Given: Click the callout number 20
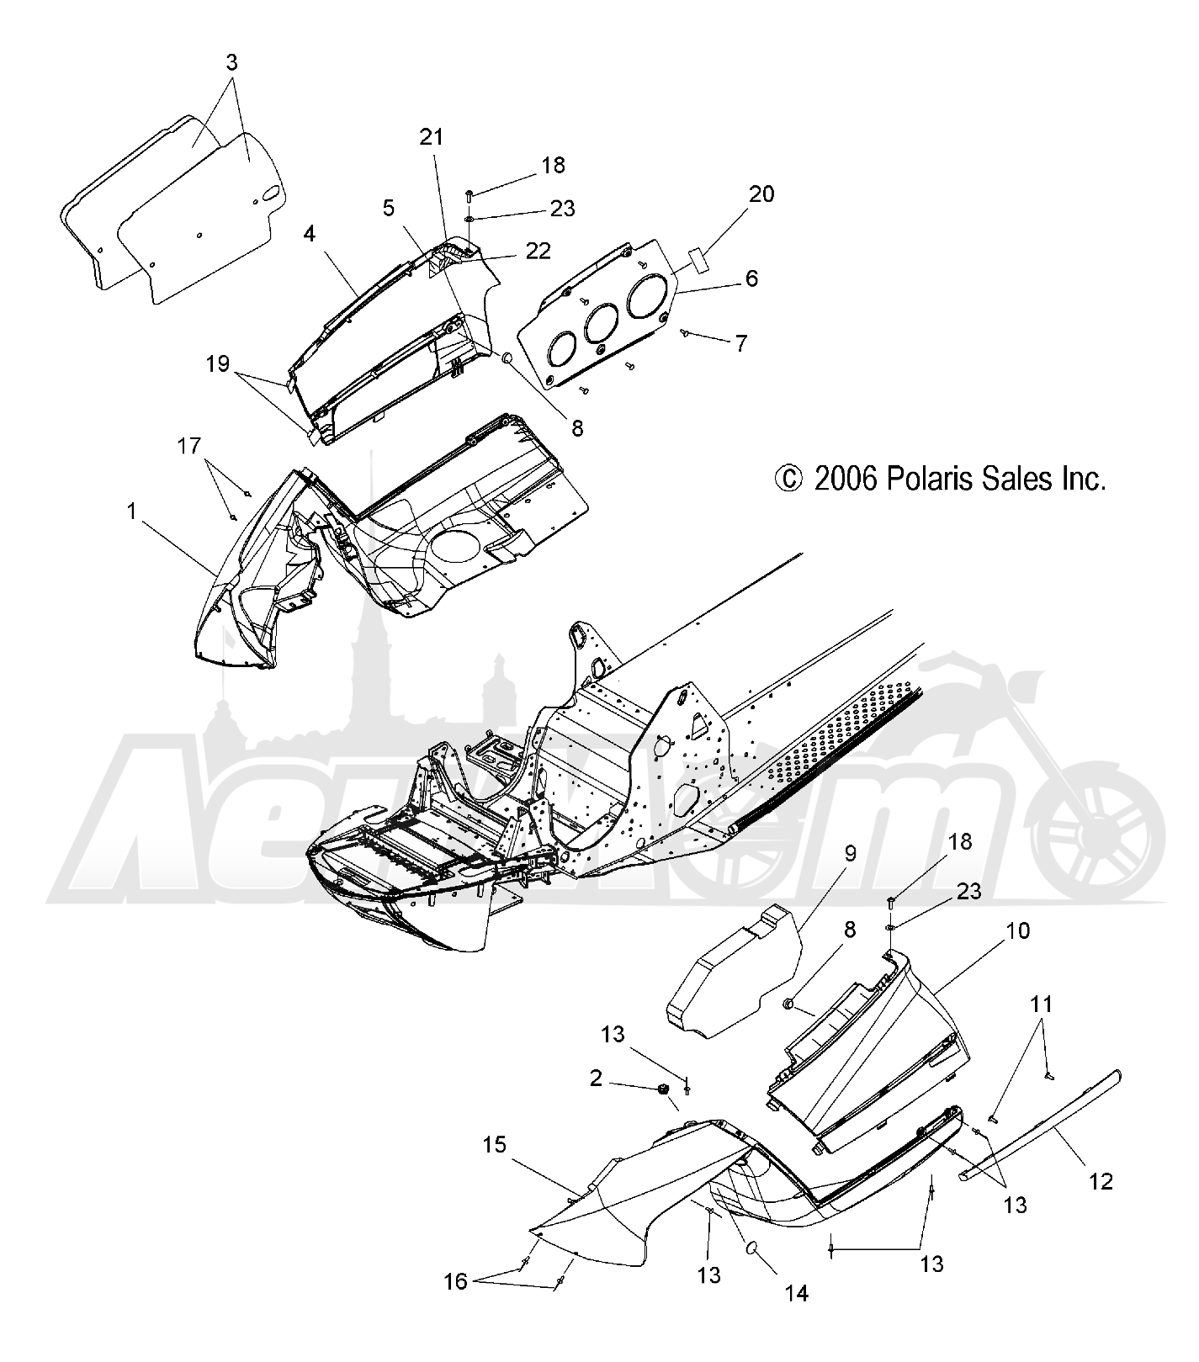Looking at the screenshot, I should pyautogui.click(x=761, y=194).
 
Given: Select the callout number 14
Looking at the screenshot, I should pyautogui.click(x=796, y=1293).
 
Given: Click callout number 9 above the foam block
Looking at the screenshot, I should pyautogui.click(x=850, y=854).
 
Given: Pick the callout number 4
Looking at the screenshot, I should pyautogui.click(x=310, y=232).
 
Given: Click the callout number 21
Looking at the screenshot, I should pyautogui.click(x=432, y=137).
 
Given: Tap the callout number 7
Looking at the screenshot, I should pyautogui.click(x=740, y=344).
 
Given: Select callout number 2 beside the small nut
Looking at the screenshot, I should pyautogui.click(x=597, y=1078).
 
